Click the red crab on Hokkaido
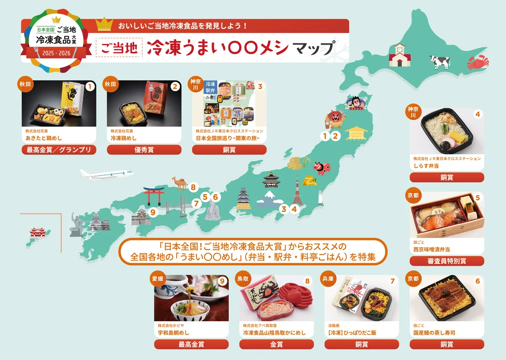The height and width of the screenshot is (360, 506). tap(478, 63)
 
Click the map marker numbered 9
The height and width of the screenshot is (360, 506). tap(153, 212)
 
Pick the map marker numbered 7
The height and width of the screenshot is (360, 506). tap(196, 204)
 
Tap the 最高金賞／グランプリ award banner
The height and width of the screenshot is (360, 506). tap(59, 150)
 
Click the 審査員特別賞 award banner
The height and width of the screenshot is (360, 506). tap(447, 261)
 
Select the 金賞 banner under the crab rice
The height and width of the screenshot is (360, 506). tap(276, 344)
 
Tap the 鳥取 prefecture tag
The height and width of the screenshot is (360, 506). tap(243, 279)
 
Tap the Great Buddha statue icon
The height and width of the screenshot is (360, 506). tap(213, 210)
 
